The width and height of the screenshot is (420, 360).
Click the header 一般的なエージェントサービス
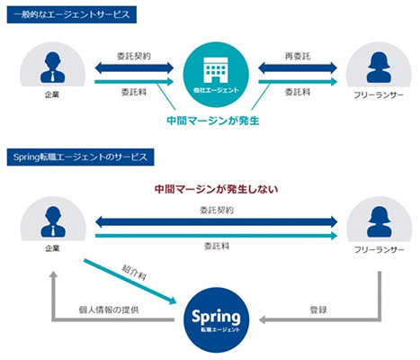[x=72, y=14]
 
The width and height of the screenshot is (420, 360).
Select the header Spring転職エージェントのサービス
[x=80, y=157]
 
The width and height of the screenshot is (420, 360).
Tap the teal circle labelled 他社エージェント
[x=216, y=75]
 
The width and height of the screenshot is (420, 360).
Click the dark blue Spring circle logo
[x=216, y=319]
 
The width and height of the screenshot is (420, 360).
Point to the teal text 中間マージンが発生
[x=213, y=121]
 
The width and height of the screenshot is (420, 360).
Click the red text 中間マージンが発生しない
[x=216, y=189]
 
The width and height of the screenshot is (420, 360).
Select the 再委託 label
[x=298, y=56]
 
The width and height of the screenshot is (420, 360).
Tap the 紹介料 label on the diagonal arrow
[x=134, y=273]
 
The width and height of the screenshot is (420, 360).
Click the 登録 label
[x=318, y=310]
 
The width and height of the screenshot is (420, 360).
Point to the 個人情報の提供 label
[x=109, y=310]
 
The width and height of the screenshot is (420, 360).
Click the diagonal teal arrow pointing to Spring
[x=130, y=282]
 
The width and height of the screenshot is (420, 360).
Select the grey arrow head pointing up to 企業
[x=54, y=275]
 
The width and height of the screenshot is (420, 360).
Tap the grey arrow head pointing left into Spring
[x=263, y=319]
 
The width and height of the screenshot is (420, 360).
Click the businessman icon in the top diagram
[x=52, y=67]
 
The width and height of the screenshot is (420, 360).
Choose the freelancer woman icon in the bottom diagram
[x=380, y=222]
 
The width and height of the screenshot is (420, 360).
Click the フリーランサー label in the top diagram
[x=379, y=95]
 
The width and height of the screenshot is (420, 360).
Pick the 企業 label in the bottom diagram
[x=52, y=248]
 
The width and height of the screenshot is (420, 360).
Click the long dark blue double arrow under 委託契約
[x=216, y=222]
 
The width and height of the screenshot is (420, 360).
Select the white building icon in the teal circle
[x=216, y=69]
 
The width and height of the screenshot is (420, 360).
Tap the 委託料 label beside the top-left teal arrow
[x=134, y=92]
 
